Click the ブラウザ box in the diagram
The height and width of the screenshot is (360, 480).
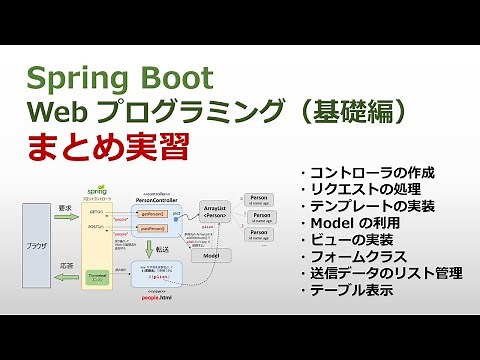pos(36,243)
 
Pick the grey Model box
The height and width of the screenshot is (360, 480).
pos(211,256)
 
